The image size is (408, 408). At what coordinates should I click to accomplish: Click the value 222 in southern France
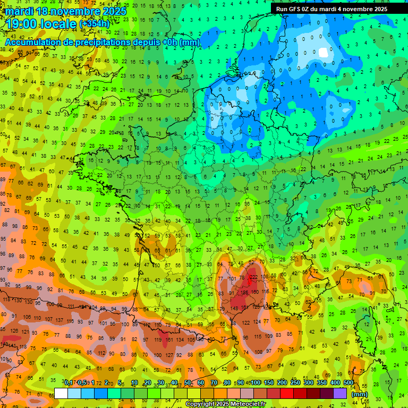click(x=254, y=277)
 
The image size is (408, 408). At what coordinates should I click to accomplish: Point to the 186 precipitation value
click(x=245, y=293)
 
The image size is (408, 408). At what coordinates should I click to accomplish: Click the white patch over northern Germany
click(x=324, y=53)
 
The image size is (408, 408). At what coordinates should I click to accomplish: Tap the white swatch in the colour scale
click(x=61, y=393)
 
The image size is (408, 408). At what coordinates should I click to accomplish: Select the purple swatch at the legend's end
click(x=340, y=393)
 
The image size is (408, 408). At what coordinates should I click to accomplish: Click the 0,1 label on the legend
click(x=69, y=383)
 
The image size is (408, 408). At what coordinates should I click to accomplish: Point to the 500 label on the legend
click(x=348, y=383)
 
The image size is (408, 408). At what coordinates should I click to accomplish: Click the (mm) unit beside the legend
click(x=360, y=394)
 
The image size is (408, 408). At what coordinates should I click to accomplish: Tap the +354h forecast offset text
click(x=95, y=24)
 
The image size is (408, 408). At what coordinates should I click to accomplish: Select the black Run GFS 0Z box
click(x=331, y=8)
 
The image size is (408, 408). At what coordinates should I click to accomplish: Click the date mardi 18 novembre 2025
click(x=66, y=11)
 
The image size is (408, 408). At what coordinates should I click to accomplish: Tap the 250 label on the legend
click(x=295, y=383)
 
